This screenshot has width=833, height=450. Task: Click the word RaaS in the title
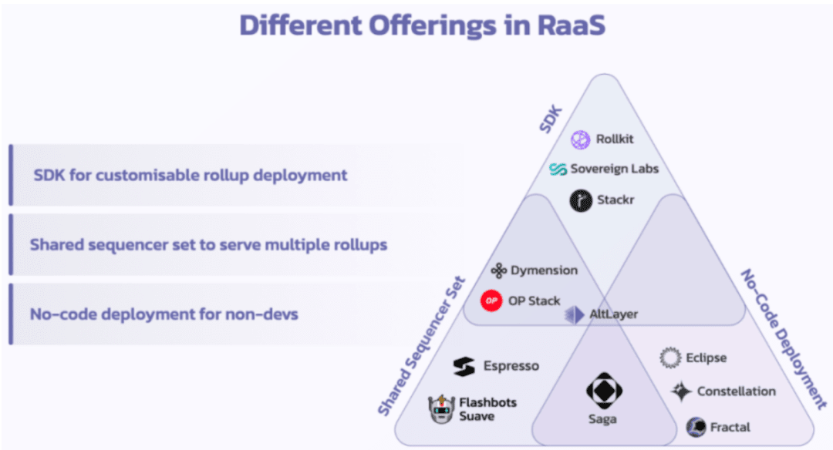[x=571, y=25]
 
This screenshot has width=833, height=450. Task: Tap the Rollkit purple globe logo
[x=580, y=139]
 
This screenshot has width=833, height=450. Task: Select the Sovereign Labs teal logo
[x=558, y=169]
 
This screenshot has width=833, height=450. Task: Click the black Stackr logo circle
[x=581, y=200]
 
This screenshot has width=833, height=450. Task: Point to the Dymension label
[x=544, y=270]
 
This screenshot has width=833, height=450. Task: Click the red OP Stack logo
[x=491, y=301]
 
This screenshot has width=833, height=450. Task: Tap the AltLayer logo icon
[x=575, y=314]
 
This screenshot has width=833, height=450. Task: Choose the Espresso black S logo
[x=464, y=366]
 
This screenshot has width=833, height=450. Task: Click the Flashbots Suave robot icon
[x=441, y=409]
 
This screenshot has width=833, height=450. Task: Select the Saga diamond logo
[x=604, y=391]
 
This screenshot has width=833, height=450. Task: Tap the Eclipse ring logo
[x=670, y=358]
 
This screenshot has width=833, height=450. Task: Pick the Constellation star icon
[x=681, y=391]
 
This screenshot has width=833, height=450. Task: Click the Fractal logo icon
[x=696, y=427]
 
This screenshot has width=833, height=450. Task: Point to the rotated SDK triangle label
[x=551, y=119]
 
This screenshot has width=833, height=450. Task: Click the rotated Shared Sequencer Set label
[x=421, y=345]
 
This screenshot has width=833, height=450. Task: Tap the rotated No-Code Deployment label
[x=783, y=339]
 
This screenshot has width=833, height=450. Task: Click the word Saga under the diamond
[x=602, y=419]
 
